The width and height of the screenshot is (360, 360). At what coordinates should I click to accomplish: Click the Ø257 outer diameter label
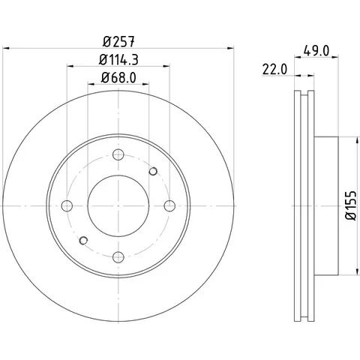[x=118, y=41]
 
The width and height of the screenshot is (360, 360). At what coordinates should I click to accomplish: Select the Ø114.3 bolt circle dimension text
[x=118, y=60]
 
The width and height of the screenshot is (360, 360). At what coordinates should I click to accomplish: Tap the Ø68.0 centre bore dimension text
[x=118, y=78]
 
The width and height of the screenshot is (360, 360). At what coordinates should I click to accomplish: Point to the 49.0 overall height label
[x=316, y=51]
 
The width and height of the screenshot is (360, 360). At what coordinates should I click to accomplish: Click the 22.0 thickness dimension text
[x=274, y=69]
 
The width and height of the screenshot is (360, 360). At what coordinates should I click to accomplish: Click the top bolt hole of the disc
[x=118, y=154]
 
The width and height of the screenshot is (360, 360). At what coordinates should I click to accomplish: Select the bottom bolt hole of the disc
[x=118, y=257]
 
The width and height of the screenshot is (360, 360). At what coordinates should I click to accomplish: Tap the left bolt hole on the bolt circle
[x=67, y=205]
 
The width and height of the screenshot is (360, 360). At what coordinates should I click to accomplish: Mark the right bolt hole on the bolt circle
[x=169, y=205]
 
